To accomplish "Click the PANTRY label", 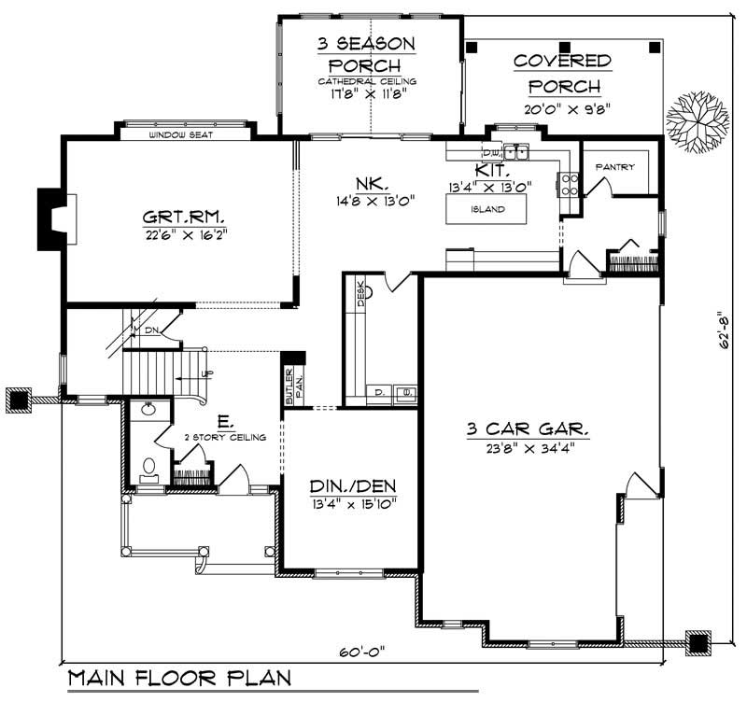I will [614, 168].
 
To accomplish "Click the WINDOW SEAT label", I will [183, 135].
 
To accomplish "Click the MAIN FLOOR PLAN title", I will [179, 678].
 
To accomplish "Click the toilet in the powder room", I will [148, 467].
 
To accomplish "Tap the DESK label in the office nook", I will [360, 293].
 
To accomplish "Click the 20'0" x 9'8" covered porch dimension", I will [567, 108].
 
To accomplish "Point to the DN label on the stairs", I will [152, 330].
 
